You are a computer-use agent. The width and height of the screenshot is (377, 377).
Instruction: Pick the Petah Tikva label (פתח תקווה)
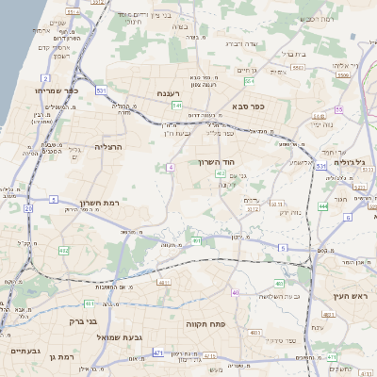pos(203,323)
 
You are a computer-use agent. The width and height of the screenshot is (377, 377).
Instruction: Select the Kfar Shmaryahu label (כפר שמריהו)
pos(50,90)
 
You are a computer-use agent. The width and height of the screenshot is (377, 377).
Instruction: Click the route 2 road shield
pos(45,78)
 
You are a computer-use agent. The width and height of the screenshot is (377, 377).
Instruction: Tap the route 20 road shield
pos(28,208)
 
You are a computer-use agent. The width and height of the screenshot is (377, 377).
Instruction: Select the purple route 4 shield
pos(171,167)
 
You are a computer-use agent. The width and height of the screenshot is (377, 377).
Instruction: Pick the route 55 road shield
pos(338,110)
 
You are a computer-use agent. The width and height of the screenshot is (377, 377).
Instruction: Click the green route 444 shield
pos(323,205)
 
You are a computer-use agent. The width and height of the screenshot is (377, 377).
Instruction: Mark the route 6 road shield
pos(348,218)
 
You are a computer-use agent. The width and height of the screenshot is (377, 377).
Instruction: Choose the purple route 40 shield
pos(235,293)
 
